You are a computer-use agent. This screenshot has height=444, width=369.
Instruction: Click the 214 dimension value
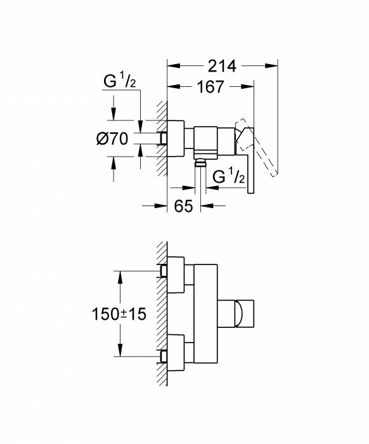(x=222, y=66)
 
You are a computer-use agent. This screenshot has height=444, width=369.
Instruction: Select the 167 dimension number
(x=210, y=87)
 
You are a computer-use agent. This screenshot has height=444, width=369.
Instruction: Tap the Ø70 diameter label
(x=112, y=139)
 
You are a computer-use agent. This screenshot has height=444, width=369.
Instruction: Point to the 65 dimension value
(x=183, y=206)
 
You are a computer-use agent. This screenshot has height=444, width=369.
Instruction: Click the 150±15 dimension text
(x=119, y=314)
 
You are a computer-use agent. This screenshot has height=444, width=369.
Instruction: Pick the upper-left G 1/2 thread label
(x=119, y=81)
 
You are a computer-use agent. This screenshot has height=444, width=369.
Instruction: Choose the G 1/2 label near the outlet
(x=228, y=176)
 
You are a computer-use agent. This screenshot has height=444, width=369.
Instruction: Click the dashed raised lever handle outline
(x=256, y=147)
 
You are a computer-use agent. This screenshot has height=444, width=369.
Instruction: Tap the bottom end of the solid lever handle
(x=250, y=193)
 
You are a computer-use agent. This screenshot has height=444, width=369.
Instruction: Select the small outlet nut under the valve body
(x=200, y=162)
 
